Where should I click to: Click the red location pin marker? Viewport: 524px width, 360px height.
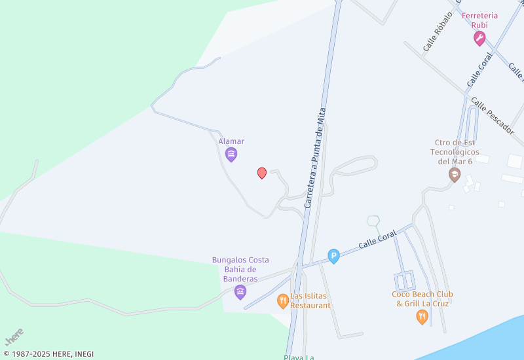(x=262, y=173)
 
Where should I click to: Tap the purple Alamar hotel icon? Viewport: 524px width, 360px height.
(x=231, y=154)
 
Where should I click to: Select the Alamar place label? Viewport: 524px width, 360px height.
(x=231, y=141)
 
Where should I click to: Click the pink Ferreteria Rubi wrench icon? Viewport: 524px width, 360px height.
(x=479, y=39)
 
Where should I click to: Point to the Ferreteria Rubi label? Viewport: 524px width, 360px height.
(x=479, y=20)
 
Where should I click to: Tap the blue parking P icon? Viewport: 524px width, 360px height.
(x=333, y=257)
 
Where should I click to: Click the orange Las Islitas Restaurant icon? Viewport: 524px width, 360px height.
(x=283, y=301)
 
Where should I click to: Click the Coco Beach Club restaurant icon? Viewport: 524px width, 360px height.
(x=422, y=317)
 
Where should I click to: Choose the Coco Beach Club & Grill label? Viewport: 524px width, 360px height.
(x=422, y=298)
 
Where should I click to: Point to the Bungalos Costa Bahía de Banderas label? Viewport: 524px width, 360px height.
(x=240, y=269)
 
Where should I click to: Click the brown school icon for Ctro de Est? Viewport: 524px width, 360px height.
(x=454, y=175)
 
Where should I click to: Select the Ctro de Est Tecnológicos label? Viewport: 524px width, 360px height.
(x=455, y=152)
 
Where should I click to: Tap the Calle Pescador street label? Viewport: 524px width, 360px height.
(x=493, y=116)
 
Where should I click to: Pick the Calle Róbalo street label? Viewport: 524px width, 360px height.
(x=438, y=31)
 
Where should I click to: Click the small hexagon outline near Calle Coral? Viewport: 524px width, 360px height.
(x=373, y=221)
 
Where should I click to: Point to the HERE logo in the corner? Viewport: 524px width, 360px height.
(x=14, y=336)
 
